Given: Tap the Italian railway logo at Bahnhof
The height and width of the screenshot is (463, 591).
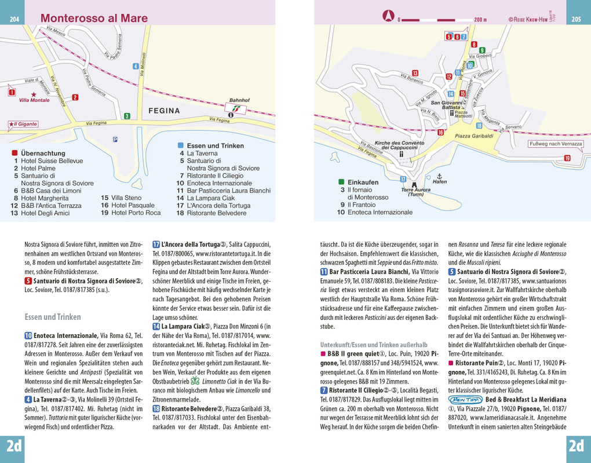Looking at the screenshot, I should coord(236,107).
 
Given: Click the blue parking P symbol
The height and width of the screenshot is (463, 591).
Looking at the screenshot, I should coord(115,138).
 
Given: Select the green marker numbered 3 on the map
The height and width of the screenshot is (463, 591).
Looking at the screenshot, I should coord(126,116).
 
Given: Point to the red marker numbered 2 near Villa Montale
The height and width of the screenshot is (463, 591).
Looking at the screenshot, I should coord(11,92).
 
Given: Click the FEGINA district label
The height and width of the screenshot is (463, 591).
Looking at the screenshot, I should coord(167,110).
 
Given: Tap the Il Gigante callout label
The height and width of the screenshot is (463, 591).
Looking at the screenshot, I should coord(23,124).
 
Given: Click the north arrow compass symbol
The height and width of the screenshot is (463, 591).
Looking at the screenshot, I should coord(388,16).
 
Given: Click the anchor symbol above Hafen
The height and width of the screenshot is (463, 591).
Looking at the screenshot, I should coord(439,175).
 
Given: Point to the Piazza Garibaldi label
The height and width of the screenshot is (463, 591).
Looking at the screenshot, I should coord(474,136).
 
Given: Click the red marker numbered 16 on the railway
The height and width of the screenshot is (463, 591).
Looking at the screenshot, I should coord(440,133).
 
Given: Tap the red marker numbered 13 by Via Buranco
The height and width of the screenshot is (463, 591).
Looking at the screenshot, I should coord(415,72).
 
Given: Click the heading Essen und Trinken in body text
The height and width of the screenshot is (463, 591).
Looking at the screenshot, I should coord(53,317).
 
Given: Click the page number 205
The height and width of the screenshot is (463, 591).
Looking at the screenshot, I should coord(576,19).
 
